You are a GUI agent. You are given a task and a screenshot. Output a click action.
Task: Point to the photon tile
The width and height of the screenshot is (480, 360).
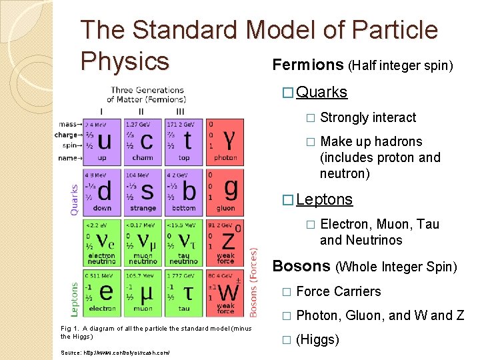point(225,141)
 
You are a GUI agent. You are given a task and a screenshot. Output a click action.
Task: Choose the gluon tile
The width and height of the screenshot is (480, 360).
point(225,191)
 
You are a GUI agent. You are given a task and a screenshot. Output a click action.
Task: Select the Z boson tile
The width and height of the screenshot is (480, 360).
point(225,241)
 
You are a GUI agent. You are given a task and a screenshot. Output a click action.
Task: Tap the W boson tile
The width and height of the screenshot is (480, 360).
point(225,291)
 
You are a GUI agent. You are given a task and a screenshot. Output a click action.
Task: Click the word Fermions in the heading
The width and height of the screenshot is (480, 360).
point(308,65)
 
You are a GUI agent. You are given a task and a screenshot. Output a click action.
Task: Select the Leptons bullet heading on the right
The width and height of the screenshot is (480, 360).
point(324,199)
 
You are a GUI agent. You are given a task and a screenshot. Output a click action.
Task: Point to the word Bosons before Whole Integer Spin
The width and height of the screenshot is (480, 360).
point(301,267)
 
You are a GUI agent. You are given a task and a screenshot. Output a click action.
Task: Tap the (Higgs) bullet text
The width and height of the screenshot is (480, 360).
point(317,339)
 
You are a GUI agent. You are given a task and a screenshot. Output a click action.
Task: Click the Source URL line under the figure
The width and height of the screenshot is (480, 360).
point(115,352)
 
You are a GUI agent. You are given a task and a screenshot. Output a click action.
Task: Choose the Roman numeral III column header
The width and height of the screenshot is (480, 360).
point(181,111)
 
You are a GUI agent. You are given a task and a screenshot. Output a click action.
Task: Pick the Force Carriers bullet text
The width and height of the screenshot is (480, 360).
point(339,291)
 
